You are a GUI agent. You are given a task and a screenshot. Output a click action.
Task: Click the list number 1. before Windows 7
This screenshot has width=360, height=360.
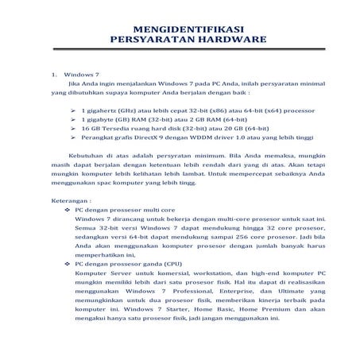[x=54, y=74]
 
